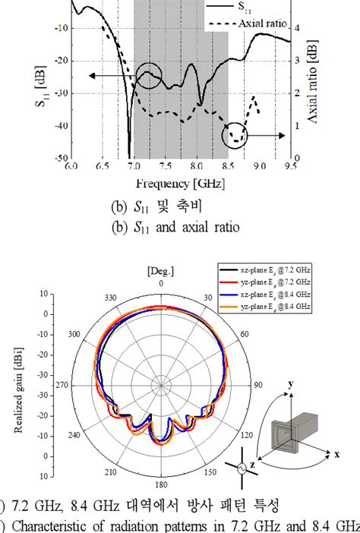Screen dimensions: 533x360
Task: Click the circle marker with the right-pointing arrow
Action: coord(236,136)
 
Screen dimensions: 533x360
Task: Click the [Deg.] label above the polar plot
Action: coord(161,292)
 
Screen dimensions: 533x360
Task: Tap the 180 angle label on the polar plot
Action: coord(161,484)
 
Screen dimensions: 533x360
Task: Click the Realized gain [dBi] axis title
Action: coord(17,386)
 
